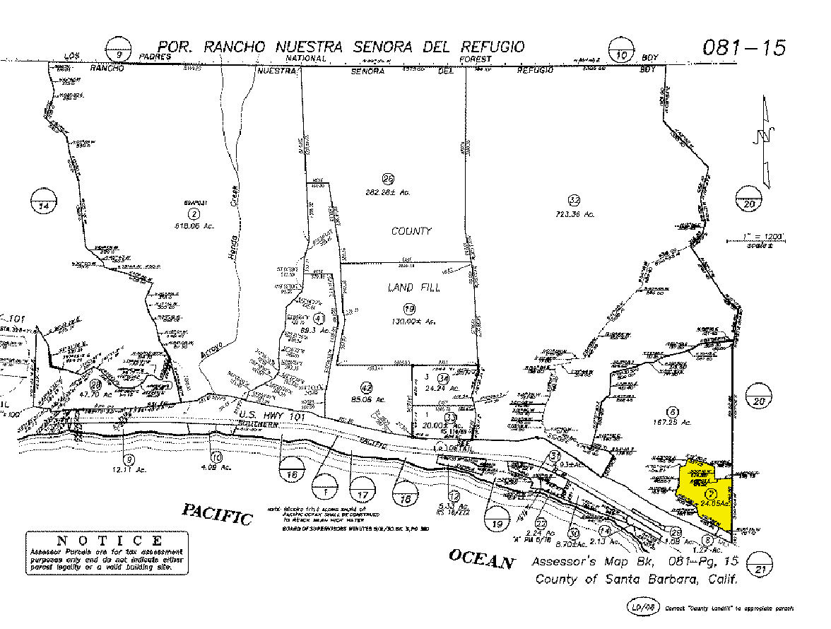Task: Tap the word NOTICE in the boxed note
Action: click(107, 541)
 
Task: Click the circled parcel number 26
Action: click(387, 180)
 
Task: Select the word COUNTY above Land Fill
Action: click(411, 231)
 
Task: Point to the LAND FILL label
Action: click(409, 287)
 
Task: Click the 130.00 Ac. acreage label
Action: click(409, 322)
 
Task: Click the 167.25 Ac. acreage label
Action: click(672, 421)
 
